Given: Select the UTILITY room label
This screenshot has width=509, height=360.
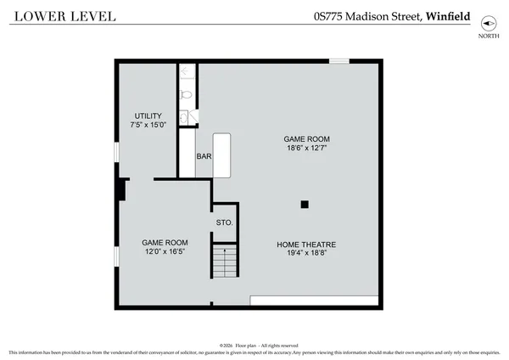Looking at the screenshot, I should (x=148, y=116).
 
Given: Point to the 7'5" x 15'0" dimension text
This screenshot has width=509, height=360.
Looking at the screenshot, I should (x=148, y=127).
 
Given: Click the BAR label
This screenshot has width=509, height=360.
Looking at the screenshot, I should (x=204, y=157).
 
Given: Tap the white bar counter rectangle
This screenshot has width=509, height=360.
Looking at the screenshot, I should (x=222, y=155).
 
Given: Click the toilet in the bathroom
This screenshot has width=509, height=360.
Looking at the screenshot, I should (x=187, y=93).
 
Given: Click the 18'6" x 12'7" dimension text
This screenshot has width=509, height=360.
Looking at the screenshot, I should (x=306, y=149).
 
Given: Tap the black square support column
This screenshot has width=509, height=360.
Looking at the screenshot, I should (x=305, y=204).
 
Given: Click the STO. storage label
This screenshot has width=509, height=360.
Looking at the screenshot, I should (x=225, y=222).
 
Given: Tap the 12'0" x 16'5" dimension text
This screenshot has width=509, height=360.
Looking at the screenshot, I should (x=165, y=252).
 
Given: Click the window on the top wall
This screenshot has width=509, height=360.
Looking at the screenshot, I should (x=339, y=60).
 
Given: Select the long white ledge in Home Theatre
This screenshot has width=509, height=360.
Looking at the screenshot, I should (x=314, y=301).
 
